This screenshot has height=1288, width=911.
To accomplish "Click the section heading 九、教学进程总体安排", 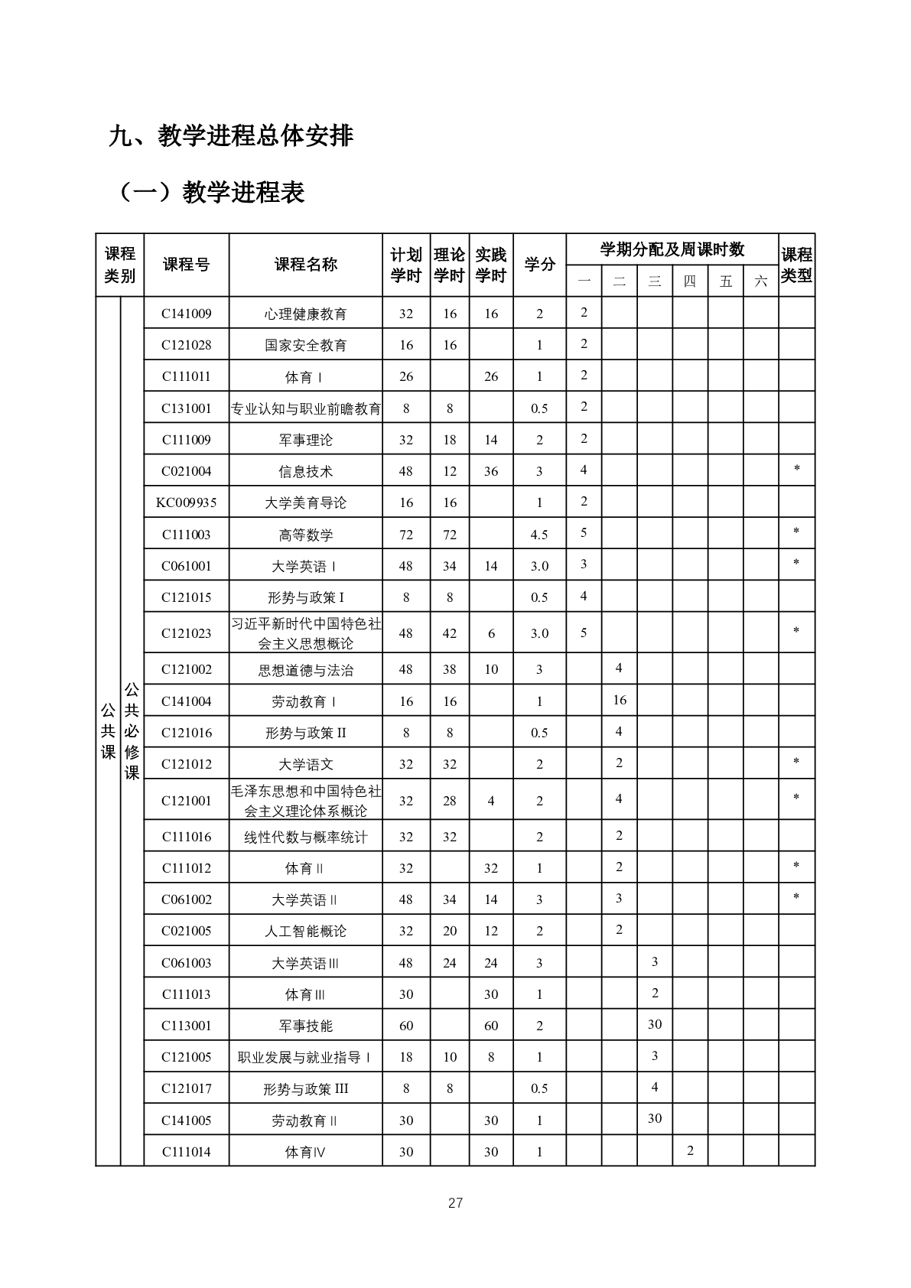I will pyautogui.click(x=231, y=136).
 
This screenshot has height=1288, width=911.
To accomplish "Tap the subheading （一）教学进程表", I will pyautogui.click(x=210, y=192).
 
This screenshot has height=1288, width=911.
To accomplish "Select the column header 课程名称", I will pyautogui.click(x=305, y=265).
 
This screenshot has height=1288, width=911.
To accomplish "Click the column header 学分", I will pyautogui.click(x=539, y=265).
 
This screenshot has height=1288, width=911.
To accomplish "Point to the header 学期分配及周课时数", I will pyautogui.click(x=672, y=249).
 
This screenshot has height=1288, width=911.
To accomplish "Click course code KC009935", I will pyautogui.click(x=186, y=503).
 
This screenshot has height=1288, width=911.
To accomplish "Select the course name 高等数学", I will pyautogui.click(x=305, y=535).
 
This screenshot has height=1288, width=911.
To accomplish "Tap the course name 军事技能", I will pyautogui.click(x=305, y=1026).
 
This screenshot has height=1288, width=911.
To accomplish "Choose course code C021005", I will pyautogui.click(x=186, y=931).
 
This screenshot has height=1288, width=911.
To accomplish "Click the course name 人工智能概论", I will pyautogui.click(x=305, y=931).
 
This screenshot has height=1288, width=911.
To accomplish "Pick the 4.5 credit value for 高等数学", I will pyautogui.click(x=539, y=535).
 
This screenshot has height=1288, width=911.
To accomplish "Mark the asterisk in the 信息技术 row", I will pyautogui.click(x=796, y=469).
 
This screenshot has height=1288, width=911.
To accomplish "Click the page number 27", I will pyautogui.click(x=455, y=1203).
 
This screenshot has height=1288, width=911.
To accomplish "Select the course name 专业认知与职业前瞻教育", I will pyautogui.click(x=305, y=408).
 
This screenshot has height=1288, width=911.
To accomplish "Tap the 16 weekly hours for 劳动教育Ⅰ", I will pyautogui.click(x=619, y=700).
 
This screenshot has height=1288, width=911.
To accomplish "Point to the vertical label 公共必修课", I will pyautogui.click(x=132, y=731).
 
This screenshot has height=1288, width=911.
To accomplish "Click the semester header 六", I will pyautogui.click(x=760, y=281).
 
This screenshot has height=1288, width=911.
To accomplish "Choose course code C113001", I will pyautogui.click(x=186, y=1026).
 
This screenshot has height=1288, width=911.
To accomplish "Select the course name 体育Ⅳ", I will pyautogui.click(x=305, y=1152).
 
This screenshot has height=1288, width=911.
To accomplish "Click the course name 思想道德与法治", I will pyautogui.click(x=305, y=670).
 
